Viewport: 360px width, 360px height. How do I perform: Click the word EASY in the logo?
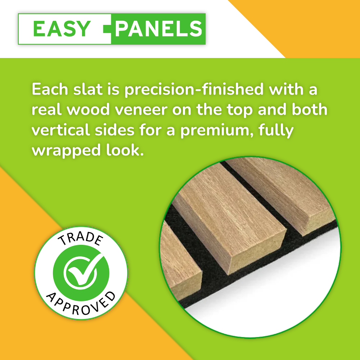[61, 29]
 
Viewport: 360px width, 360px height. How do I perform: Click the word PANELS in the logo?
[158, 29]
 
